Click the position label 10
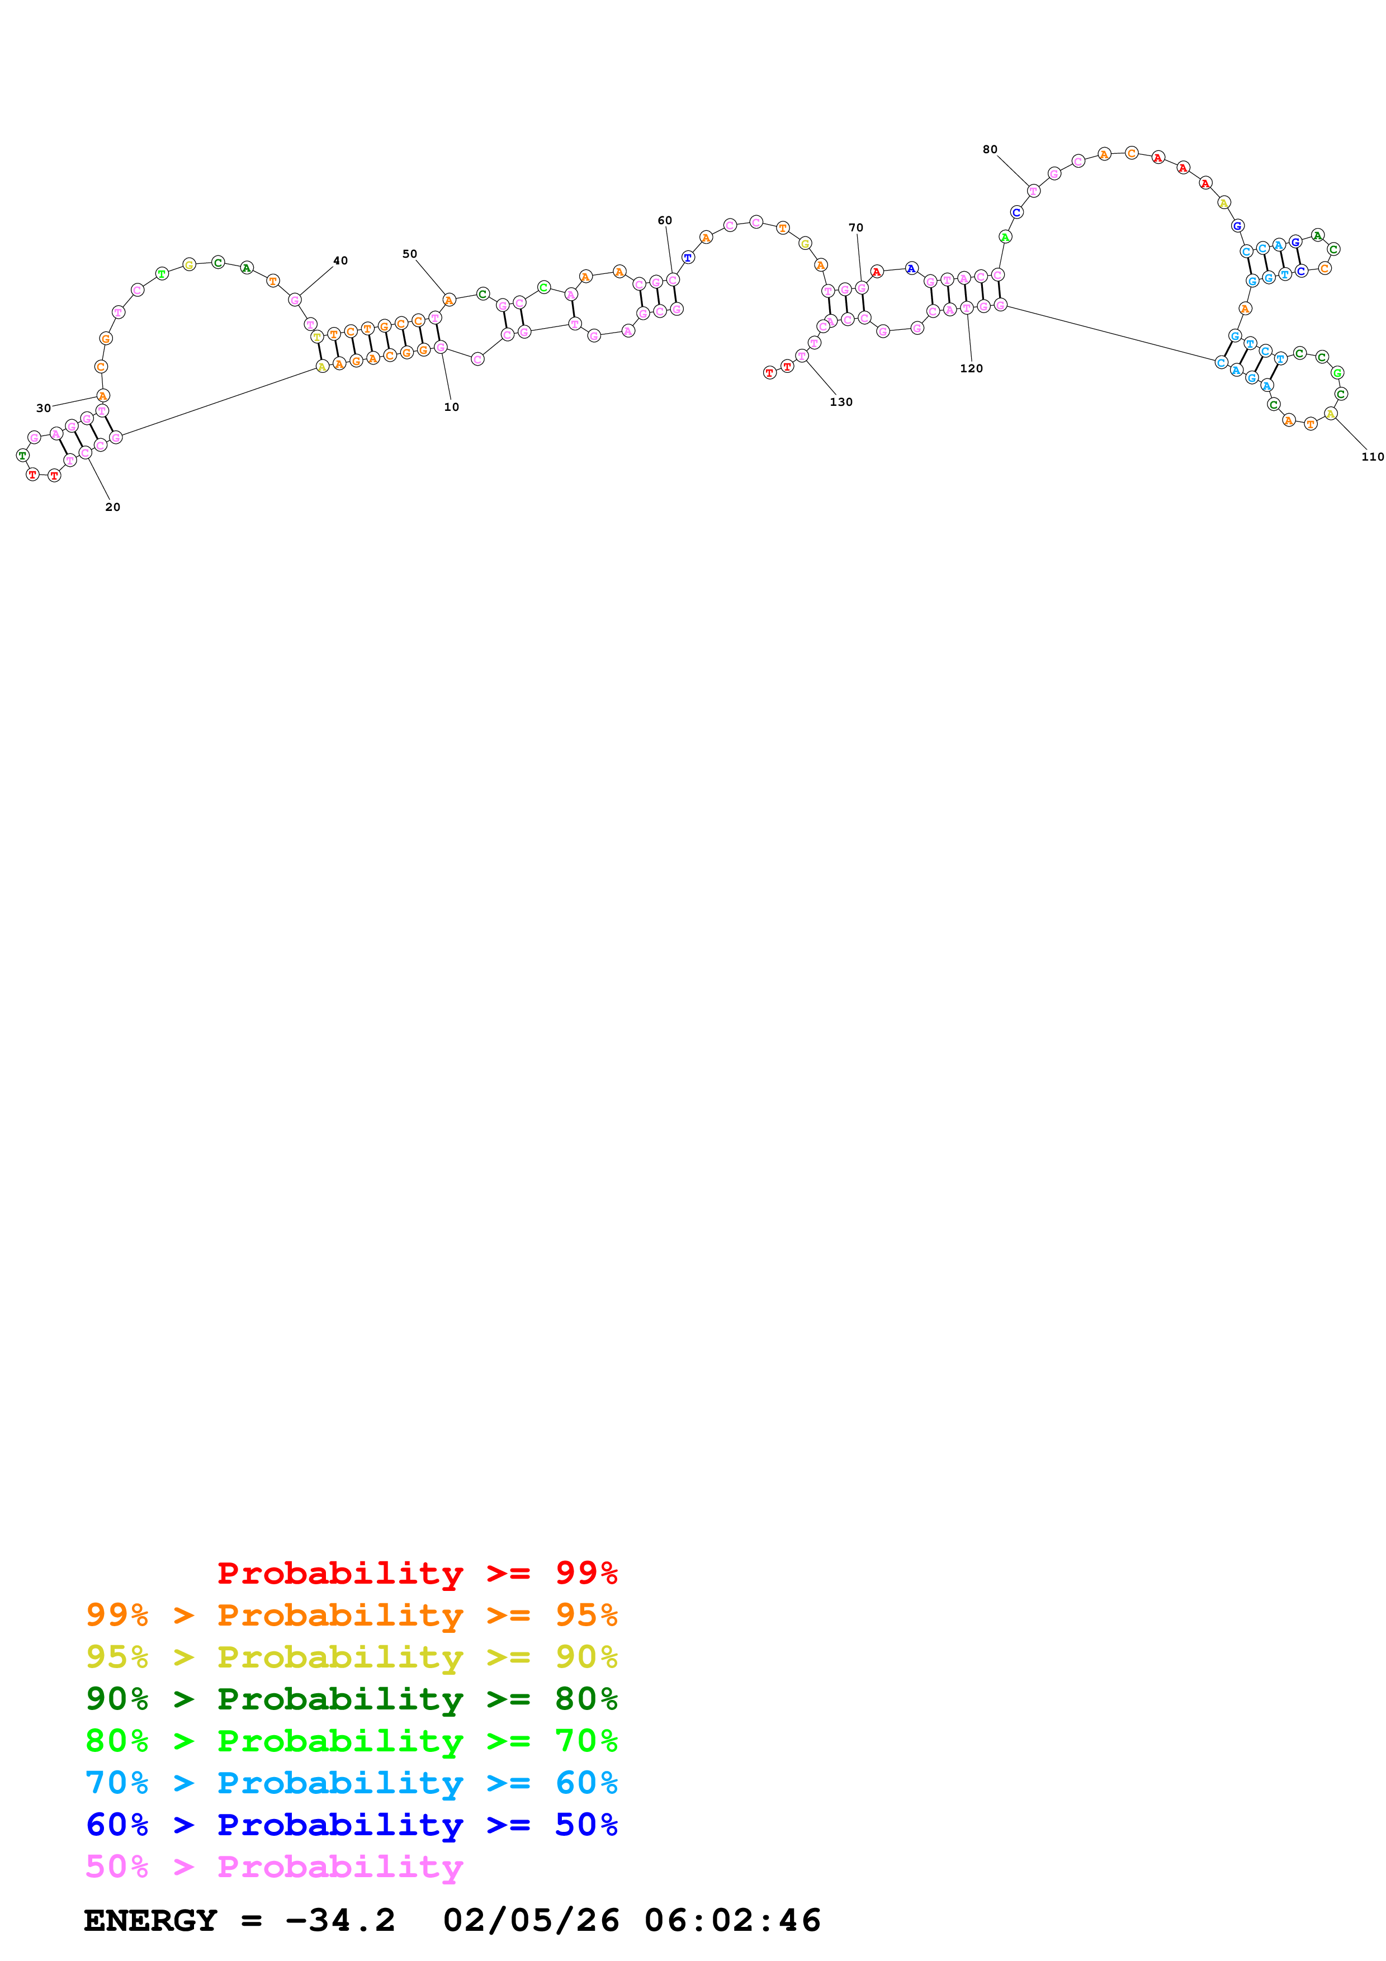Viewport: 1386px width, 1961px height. click(451, 408)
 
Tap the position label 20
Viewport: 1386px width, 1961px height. click(113, 508)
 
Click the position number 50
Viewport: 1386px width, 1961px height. click(410, 254)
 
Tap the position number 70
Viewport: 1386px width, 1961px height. click(855, 228)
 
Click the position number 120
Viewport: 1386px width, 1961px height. click(971, 369)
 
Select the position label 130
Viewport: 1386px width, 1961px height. click(841, 402)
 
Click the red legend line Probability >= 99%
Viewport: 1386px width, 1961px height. click(417, 1572)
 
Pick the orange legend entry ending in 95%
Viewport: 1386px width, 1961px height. click(351, 1615)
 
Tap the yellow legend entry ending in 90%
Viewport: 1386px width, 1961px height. click(351, 1657)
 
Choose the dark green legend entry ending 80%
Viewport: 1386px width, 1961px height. click(351, 1699)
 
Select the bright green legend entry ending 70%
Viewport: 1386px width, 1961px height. click(351, 1741)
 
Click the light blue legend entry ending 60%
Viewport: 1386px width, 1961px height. click(351, 1783)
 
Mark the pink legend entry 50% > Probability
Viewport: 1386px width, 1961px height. click(273, 1866)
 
